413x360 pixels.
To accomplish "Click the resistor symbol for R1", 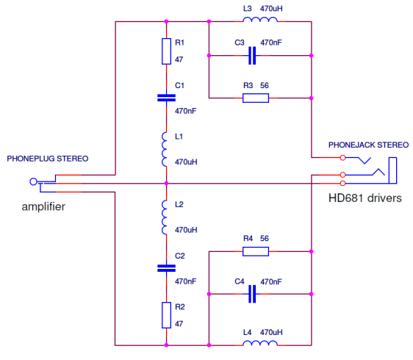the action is click(x=166, y=51).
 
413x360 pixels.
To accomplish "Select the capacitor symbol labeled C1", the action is click(x=166, y=98).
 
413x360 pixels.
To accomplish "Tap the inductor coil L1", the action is click(x=165, y=149).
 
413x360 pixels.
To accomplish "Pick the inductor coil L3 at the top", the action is click(x=260, y=20).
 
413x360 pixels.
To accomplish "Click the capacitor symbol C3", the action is click(x=252, y=56).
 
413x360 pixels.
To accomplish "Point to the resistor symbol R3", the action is click(x=256, y=98).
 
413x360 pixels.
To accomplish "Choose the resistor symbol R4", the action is click(x=256, y=251).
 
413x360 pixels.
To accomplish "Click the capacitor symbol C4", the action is click(x=252, y=294).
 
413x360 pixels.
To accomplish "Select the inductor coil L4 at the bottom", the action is click(x=260, y=343).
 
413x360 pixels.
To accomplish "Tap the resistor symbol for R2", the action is click(x=166, y=315).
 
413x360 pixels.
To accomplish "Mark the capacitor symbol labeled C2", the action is click(x=166, y=268).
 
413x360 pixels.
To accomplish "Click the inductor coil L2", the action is click(x=165, y=217).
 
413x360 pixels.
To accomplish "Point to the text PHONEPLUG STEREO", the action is click(x=48, y=159).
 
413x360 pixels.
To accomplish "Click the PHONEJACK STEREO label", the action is click(x=368, y=145).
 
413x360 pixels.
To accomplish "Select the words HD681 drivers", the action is click(x=365, y=198).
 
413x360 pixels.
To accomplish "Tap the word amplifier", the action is click(x=43, y=206).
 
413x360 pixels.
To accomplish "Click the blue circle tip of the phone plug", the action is click(x=33, y=181).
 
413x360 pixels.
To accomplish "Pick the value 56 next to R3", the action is click(x=265, y=85).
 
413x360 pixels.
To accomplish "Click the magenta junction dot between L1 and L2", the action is click(x=166, y=183).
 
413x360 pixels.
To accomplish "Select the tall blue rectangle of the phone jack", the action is click(x=392, y=170).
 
